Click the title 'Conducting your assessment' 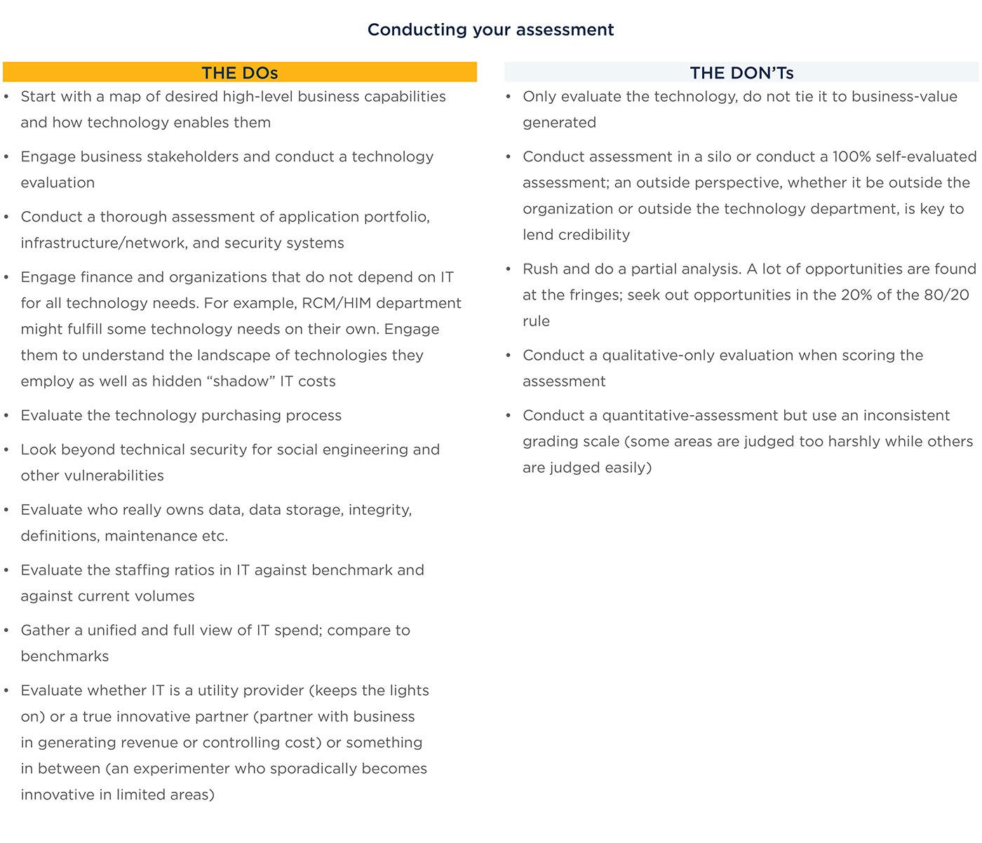(x=490, y=29)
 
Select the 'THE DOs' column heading (x=240, y=73)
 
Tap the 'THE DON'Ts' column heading (x=741, y=73)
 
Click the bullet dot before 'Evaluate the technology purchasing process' (x=7, y=416)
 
